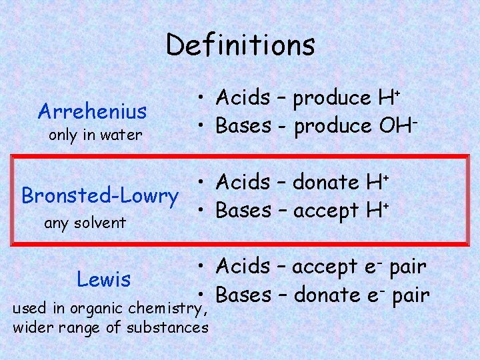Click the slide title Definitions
(x=240, y=45)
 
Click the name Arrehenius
(x=93, y=110)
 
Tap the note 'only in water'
(x=96, y=135)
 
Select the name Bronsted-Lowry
(x=100, y=196)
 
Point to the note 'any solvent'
(x=85, y=222)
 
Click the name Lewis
(x=103, y=279)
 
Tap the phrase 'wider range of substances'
(x=110, y=327)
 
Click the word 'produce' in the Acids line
(x=331, y=99)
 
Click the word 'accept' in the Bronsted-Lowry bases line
(x=326, y=211)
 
